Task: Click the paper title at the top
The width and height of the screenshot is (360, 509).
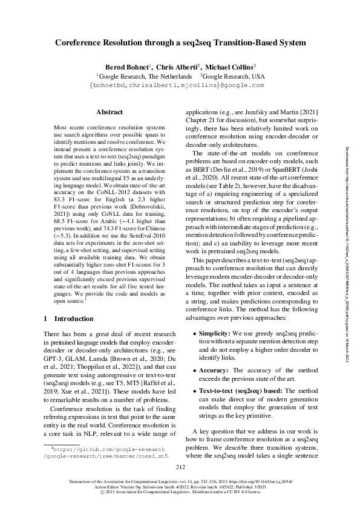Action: coord(180,43)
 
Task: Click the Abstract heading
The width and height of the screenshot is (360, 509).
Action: coord(110,112)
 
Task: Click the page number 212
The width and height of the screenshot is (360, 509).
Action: coord(180,466)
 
